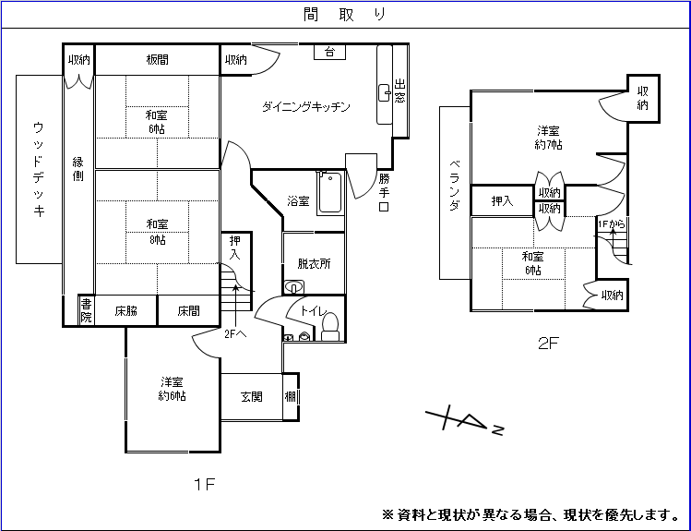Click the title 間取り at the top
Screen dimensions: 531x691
344,14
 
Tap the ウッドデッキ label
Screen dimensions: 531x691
39,169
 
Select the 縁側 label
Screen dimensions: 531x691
78,169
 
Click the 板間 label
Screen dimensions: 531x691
157,60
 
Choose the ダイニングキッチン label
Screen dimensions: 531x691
305,107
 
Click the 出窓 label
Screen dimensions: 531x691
399,91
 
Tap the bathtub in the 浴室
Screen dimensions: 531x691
329,193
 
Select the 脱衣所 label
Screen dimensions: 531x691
314,263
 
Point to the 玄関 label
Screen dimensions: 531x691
252,397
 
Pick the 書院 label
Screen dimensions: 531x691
86,310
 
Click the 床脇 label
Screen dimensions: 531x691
126,311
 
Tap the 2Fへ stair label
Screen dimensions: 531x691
235,333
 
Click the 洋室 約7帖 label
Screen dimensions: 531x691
549,138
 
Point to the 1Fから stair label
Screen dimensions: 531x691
611,224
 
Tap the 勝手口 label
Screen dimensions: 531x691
384,192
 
